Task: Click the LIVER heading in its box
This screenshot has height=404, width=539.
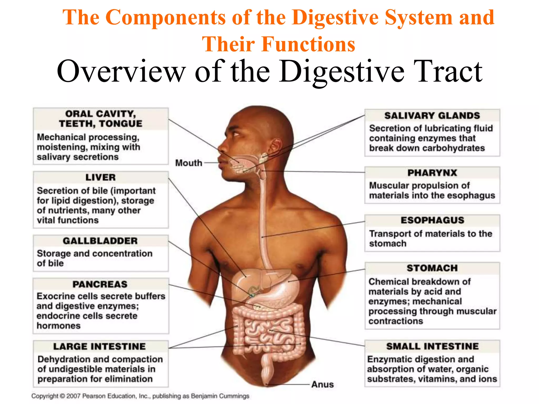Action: (x=101, y=177)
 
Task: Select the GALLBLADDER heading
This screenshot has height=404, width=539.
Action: (x=100, y=241)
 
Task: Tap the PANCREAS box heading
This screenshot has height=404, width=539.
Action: (x=100, y=284)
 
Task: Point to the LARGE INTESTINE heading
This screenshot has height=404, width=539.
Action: (x=99, y=346)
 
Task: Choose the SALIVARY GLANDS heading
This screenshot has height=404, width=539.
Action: (x=432, y=116)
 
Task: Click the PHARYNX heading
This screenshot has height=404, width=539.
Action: (x=432, y=173)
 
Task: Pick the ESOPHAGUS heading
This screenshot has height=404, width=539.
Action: (x=432, y=220)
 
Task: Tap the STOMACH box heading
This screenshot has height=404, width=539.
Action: (x=432, y=268)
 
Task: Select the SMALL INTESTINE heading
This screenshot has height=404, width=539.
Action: (x=432, y=346)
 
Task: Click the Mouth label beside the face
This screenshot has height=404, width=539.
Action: (x=189, y=163)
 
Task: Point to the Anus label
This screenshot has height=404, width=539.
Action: (x=322, y=385)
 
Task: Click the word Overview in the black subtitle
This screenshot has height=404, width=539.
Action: (x=121, y=72)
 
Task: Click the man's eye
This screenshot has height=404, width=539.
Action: (x=235, y=134)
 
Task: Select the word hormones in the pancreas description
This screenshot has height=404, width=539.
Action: (x=58, y=326)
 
